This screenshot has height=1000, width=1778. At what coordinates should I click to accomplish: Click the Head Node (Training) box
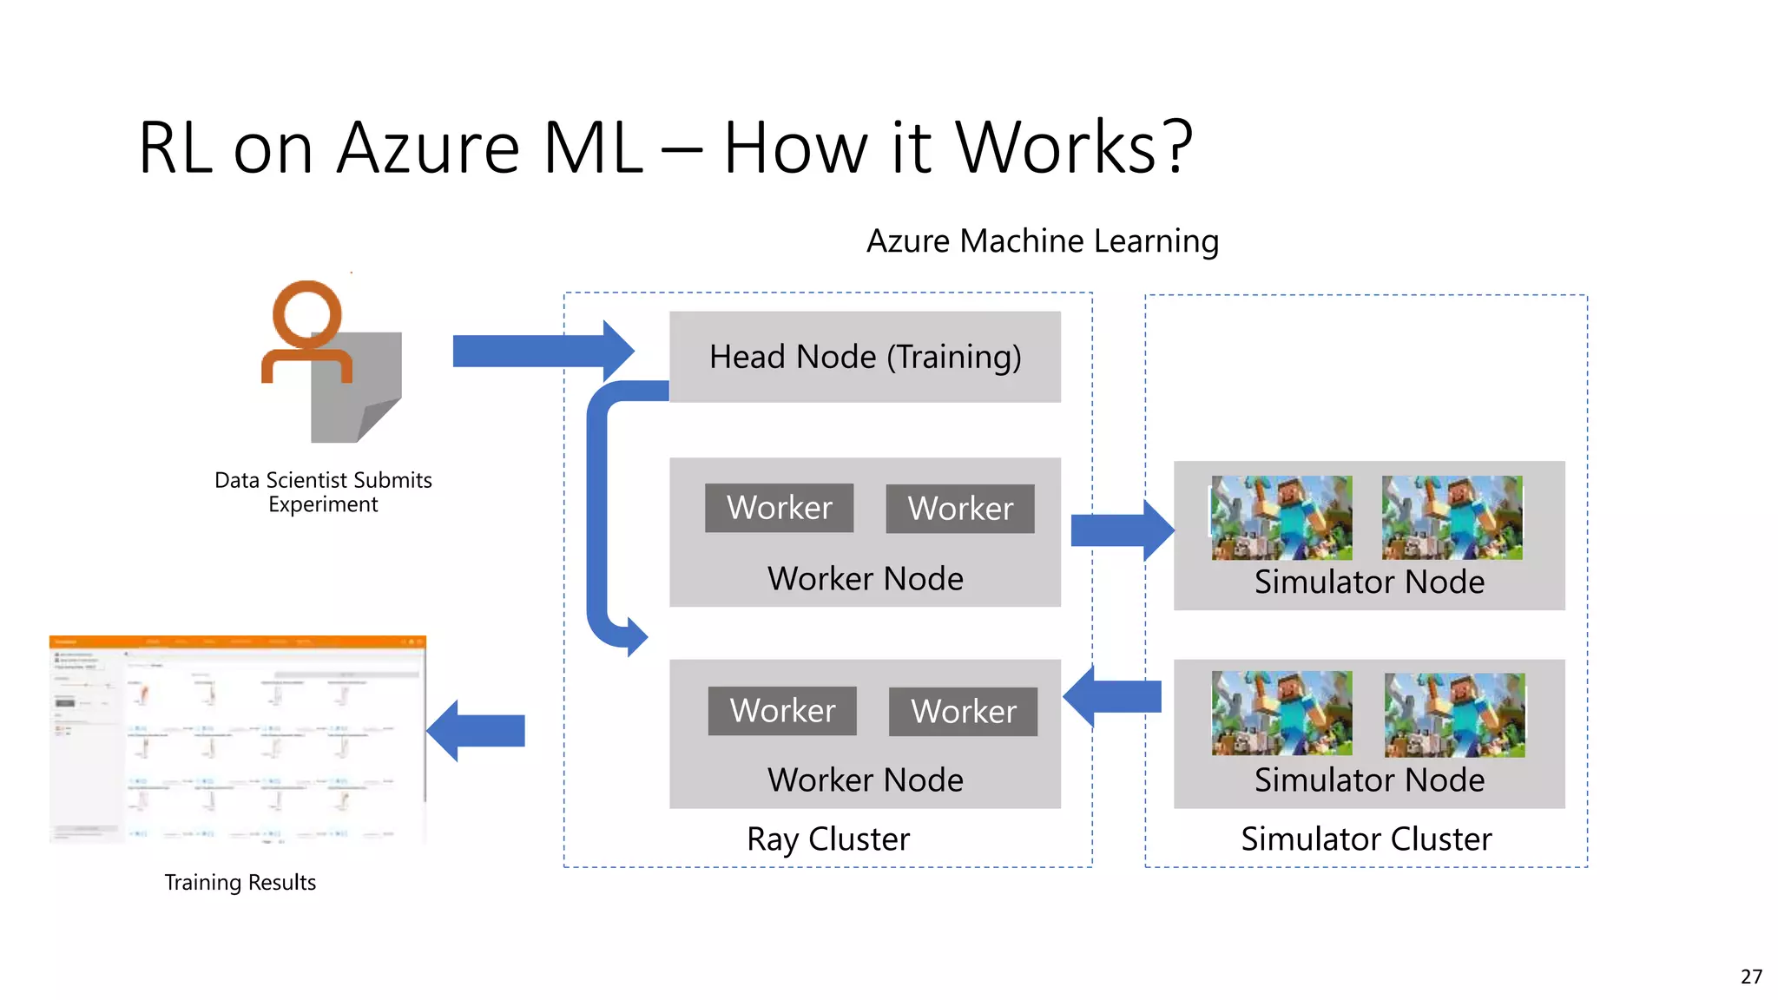[865, 357]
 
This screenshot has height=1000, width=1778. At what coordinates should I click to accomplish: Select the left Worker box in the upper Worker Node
[779, 508]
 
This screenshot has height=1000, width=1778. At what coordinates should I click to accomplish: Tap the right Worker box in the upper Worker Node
[960, 509]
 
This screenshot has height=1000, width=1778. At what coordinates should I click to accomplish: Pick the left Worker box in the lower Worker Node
[782, 711]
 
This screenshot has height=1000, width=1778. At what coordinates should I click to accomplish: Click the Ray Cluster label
[828, 839]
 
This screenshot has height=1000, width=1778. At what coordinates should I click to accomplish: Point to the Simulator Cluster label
[1366, 839]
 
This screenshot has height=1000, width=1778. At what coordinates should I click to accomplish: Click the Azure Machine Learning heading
[1043, 240]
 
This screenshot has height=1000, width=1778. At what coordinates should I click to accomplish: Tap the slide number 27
[1751, 977]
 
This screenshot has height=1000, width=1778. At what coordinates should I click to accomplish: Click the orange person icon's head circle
[306, 313]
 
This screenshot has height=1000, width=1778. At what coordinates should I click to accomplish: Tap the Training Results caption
[240, 882]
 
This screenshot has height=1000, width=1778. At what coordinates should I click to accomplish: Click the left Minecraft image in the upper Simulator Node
[1281, 517]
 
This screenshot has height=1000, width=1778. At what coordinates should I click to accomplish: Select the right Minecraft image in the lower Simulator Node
[1454, 715]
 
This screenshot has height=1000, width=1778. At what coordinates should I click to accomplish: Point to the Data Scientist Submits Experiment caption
[323, 492]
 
